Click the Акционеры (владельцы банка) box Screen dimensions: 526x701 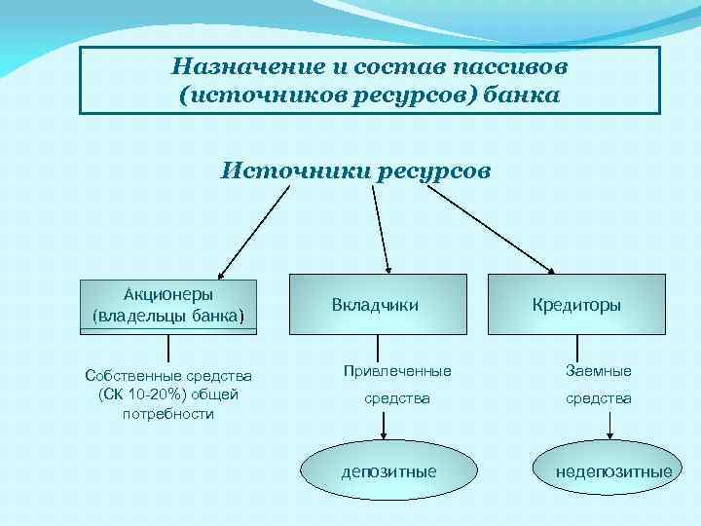169,305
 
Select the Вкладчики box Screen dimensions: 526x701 376,305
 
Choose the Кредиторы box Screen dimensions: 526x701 576,305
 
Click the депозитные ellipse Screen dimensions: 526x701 388,471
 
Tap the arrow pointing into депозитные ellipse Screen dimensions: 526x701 386,427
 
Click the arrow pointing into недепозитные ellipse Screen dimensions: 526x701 609,427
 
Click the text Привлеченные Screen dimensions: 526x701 397,371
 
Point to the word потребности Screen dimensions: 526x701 168,413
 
